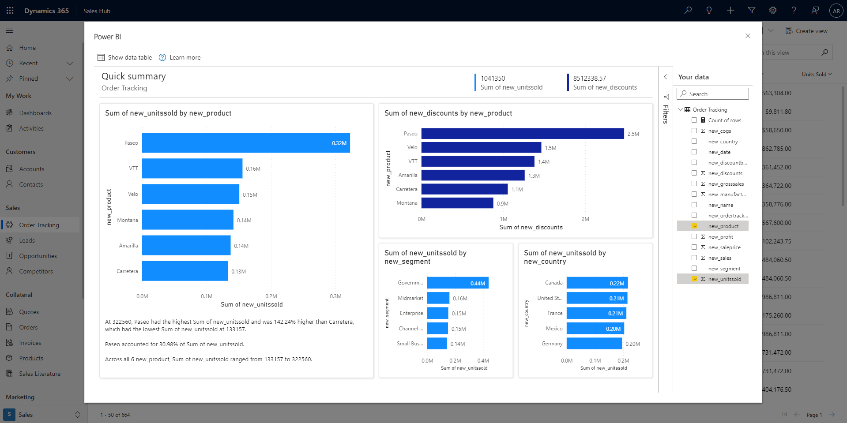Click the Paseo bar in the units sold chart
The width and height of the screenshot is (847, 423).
tap(245, 143)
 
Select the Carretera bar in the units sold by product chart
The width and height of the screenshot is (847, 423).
tap(184, 271)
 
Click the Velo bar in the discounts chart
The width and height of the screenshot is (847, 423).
tap(481, 147)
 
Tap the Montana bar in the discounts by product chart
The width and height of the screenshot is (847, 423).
tap(457, 203)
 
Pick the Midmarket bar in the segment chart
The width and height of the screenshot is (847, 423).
tap(438, 298)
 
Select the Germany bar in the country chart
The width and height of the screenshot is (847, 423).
tap(594, 344)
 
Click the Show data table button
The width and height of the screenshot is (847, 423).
tap(124, 57)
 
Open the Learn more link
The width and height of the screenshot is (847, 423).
tap(184, 57)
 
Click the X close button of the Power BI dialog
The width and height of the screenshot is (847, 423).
tap(748, 36)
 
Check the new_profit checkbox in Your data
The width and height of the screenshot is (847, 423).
tap(694, 237)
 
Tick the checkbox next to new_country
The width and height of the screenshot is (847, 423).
tap(694, 142)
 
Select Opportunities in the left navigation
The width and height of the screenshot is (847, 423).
tap(38, 256)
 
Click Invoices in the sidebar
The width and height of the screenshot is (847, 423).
tap(30, 343)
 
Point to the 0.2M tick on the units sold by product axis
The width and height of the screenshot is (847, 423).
tap(271, 296)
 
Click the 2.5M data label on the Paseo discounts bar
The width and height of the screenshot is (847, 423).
tap(633, 134)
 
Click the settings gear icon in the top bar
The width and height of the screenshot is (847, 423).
tap(772, 11)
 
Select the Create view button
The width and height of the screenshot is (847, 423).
tap(806, 31)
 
